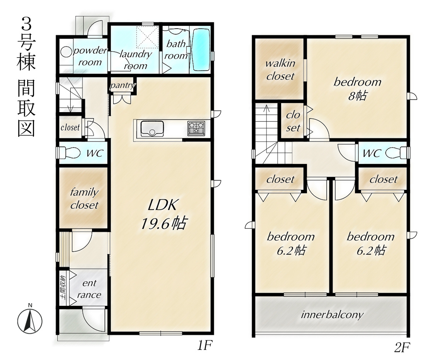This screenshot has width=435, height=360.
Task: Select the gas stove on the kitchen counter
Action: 196,128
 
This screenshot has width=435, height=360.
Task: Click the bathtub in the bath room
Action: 201,49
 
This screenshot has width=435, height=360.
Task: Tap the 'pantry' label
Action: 123,85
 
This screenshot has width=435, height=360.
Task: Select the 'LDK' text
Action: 162,205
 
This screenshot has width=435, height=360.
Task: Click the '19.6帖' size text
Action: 164,223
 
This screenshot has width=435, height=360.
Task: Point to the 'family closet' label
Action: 84,198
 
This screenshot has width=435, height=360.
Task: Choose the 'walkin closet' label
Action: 280,69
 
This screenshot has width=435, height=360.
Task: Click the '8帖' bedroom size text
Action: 358,96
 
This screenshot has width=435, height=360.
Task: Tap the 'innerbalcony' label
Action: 332,315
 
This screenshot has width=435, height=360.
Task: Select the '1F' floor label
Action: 205,346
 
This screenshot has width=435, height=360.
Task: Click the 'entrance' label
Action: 89,289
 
